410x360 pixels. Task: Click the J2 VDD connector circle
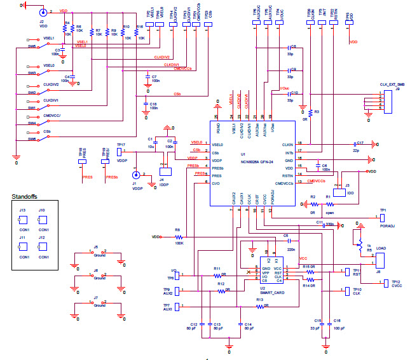click(x=43, y=12)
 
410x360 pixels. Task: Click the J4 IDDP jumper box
click(x=166, y=170)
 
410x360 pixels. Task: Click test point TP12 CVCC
click(x=387, y=283)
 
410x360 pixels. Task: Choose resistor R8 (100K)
click(x=179, y=236)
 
